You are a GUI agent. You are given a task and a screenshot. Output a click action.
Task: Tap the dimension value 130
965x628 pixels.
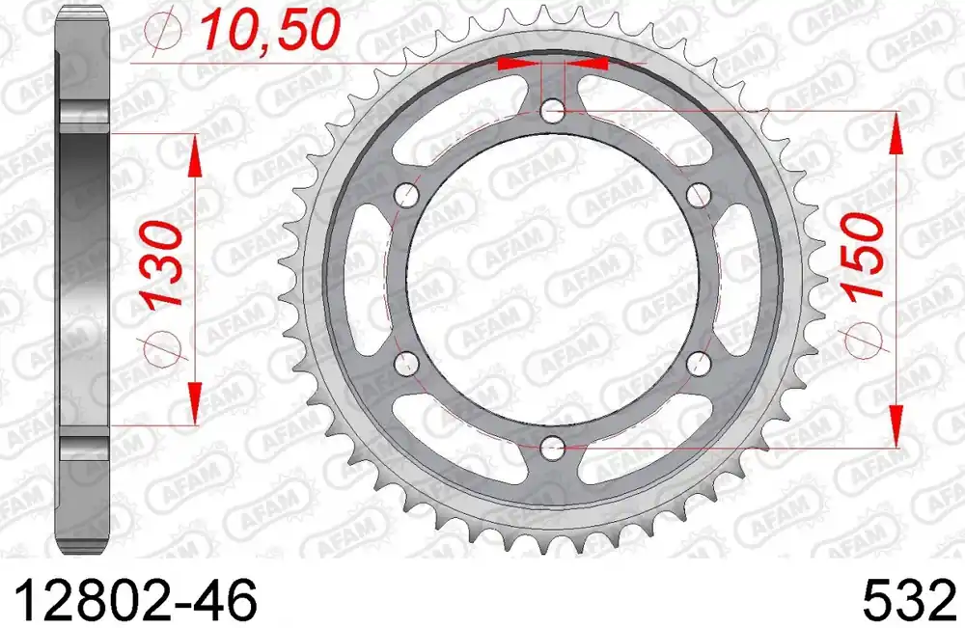[162, 263]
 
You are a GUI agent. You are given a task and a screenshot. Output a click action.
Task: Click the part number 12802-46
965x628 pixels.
[134, 599]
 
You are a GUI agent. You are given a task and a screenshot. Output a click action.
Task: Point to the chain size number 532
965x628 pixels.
[910, 599]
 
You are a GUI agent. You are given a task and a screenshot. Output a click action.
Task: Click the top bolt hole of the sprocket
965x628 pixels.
[553, 112]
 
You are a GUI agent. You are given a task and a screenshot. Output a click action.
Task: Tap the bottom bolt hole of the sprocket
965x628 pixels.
[553, 447]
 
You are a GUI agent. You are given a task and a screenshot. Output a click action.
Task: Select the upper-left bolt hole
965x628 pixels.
[407, 196]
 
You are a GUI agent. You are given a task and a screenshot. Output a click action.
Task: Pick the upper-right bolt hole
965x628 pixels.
[699, 196]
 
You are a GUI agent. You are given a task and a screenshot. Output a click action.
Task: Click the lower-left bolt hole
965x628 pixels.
[407, 363]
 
